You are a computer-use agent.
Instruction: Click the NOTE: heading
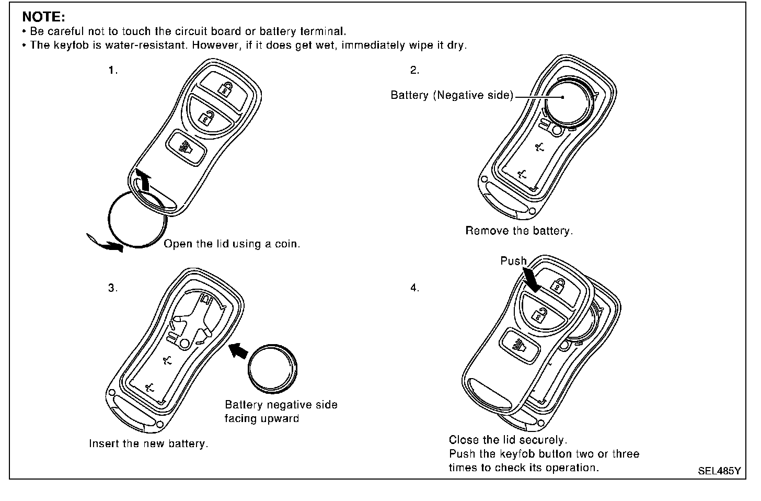[x=43, y=17]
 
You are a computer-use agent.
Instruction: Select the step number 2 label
[x=414, y=70]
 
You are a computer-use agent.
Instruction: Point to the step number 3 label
[x=113, y=288]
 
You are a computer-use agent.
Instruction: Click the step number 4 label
[x=414, y=288]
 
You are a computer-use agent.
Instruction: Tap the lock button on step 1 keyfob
[x=225, y=87]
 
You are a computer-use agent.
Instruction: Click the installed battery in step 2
[x=567, y=99]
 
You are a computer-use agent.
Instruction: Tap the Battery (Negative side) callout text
[x=452, y=95]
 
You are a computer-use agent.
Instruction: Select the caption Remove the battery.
[x=519, y=231]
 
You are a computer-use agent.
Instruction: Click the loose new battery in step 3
[x=271, y=368]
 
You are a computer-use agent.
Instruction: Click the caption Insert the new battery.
[x=148, y=443]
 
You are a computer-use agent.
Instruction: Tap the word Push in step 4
[x=513, y=261]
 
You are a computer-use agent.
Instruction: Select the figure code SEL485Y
[x=719, y=471]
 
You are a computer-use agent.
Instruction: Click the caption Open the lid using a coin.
[x=232, y=244]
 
